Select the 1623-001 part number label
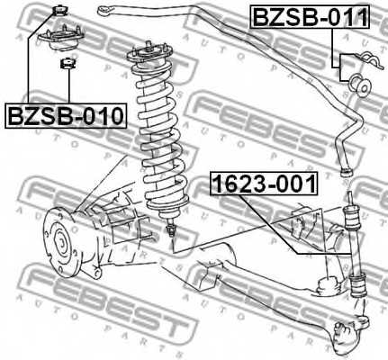tap(263, 185)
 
